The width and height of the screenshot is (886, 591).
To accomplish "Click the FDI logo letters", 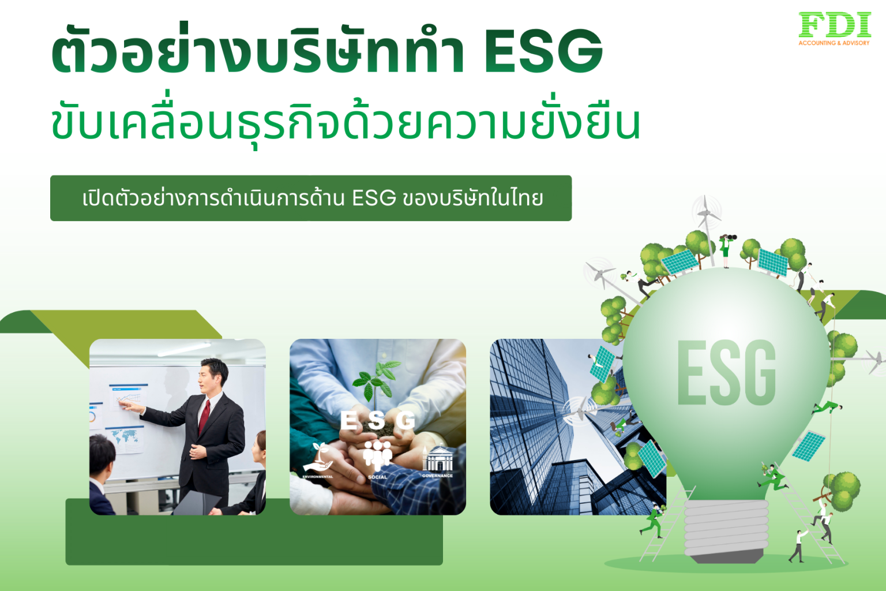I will (835, 25).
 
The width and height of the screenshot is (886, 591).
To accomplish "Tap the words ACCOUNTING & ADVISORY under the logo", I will (834, 43).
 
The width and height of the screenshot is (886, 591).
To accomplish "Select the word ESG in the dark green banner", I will (374, 198).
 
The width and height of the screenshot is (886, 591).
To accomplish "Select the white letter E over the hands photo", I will (348, 421).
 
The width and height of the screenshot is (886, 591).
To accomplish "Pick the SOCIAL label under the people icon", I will (378, 477).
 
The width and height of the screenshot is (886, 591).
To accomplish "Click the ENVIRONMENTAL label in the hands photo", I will (318, 477).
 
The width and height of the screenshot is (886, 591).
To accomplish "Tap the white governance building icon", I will (438, 460).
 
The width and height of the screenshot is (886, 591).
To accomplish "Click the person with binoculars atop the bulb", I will (726, 249).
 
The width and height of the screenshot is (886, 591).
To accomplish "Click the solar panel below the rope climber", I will (809, 446).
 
